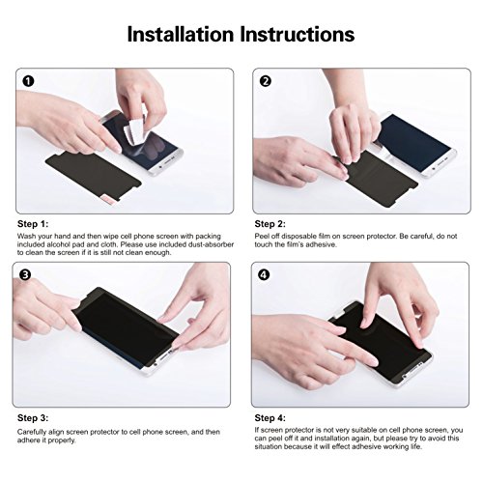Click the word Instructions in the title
tap(298, 34)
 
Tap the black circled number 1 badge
tap(28, 81)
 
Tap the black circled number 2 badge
tap(266, 81)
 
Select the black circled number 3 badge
tap(25, 274)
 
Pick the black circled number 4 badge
tap(264, 274)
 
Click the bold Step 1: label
tap(33, 224)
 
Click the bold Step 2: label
tap(270, 224)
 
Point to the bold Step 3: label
tap(33, 418)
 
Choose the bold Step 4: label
tap(270, 418)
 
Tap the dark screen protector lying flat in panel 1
tap(94, 176)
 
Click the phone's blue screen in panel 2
tap(413, 142)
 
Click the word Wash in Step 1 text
tap(26, 237)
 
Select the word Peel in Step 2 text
tap(262, 237)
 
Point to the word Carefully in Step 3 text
tap(33, 432)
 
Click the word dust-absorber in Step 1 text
tap(211, 244)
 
